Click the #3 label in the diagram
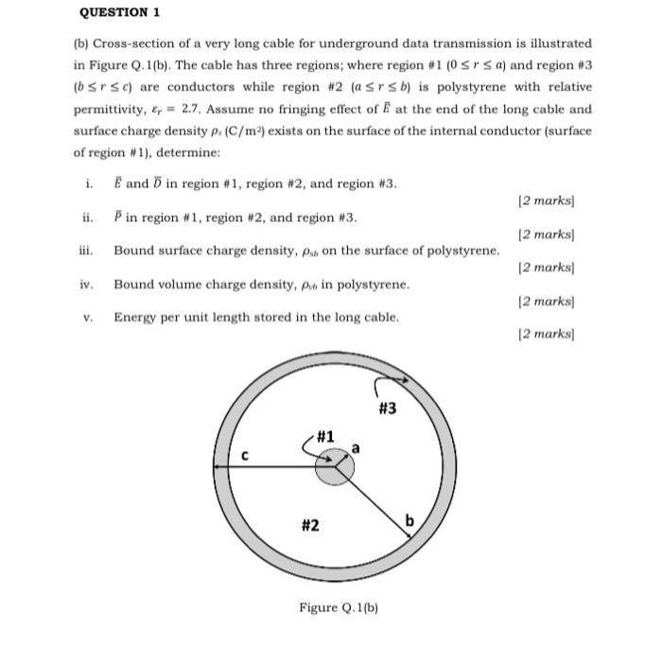[x=386, y=409]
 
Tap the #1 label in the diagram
[x=325, y=437]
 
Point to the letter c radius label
[x=243, y=454]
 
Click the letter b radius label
[x=409, y=520]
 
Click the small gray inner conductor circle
[x=334, y=466]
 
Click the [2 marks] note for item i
[x=548, y=201]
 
